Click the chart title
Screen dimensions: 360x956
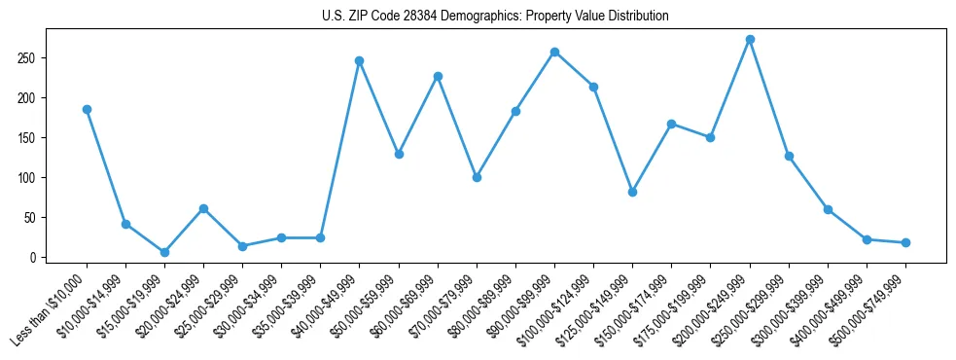(495, 17)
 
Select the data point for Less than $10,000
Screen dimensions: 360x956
(87, 109)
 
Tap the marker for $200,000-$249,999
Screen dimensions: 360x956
(750, 40)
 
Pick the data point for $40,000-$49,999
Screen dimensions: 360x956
(359, 60)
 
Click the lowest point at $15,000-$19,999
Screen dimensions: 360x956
(164, 252)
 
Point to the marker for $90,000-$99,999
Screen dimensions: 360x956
(554, 52)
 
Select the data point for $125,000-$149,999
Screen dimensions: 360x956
(632, 192)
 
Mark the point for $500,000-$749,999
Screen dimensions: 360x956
(905, 242)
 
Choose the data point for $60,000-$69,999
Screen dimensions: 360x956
(438, 76)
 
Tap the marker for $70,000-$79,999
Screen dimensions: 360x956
(477, 177)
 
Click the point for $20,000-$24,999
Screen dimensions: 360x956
(203, 208)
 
